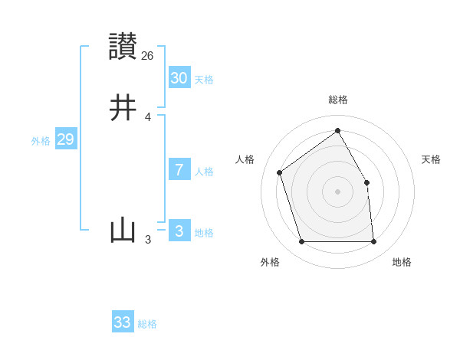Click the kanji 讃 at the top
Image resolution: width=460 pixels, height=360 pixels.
tap(123, 46)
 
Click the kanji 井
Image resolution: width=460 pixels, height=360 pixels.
tap(123, 108)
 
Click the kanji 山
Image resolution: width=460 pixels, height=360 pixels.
tap(123, 231)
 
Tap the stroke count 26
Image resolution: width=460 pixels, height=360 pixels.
tap(148, 55)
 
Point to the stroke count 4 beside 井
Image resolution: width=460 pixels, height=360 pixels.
tap(148, 117)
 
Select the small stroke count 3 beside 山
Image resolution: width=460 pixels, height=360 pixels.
tap(148, 240)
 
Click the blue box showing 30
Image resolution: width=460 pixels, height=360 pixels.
tap(179, 78)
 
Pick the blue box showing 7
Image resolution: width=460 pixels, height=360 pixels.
tap(179, 170)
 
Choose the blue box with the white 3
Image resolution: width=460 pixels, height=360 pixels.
tap(179, 231)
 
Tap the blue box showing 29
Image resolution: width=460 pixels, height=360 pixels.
tap(65, 139)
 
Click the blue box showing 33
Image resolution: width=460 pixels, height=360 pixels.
tap(123, 322)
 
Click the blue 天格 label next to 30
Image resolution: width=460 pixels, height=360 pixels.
tap(204, 80)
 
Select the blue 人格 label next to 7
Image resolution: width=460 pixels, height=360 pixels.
tap(204, 172)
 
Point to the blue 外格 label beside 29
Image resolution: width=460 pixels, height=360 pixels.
tap(41, 141)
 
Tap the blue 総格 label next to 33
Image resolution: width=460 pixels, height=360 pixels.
tap(147, 324)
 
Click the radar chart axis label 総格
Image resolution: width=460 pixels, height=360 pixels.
tap(338, 100)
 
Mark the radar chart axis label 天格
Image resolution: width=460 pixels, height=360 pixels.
tap(432, 159)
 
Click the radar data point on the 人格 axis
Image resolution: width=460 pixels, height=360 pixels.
tap(280, 172)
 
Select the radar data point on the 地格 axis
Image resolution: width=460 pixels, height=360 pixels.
tap(374, 242)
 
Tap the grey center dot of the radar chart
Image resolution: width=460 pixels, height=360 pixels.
tap(338, 191)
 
